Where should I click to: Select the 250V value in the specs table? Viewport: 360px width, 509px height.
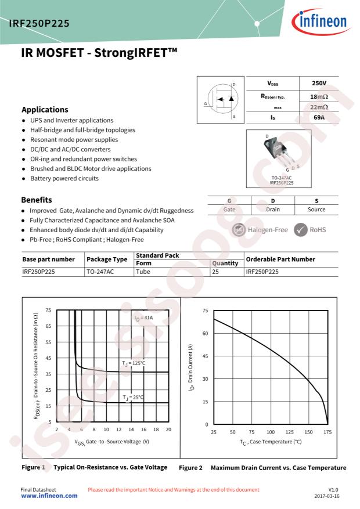point(318,85)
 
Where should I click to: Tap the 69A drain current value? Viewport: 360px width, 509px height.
point(318,117)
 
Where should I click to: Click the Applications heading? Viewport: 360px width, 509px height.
point(45,109)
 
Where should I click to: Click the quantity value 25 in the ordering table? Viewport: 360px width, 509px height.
point(215,271)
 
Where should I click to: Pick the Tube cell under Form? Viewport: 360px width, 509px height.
point(143,271)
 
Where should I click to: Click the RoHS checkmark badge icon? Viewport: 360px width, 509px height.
point(300,229)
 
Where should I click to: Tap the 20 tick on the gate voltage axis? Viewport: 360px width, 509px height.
point(168,429)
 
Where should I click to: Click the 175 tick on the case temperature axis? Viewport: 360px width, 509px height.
point(327,432)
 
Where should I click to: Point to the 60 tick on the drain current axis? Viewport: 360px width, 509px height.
point(204,333)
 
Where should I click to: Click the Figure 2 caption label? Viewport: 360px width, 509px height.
point(190,467)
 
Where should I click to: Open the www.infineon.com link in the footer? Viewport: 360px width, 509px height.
point(49,496)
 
